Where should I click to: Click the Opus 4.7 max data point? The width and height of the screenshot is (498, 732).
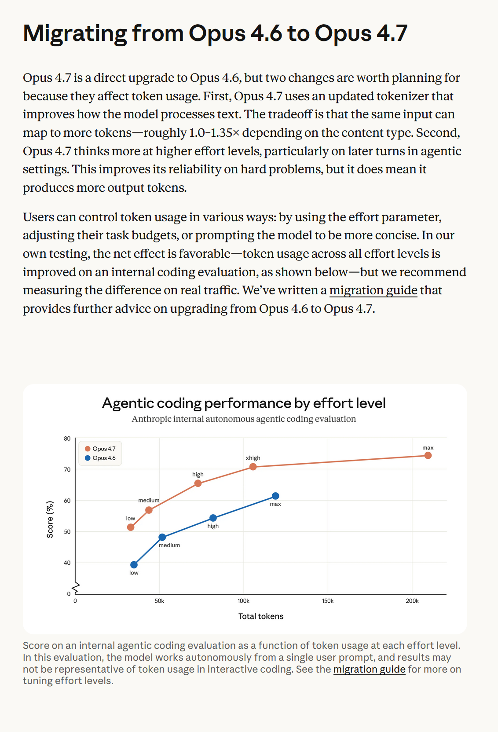click(x=428, y=455)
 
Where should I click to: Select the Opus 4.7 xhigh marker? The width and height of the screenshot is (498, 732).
click(x=253, y=467)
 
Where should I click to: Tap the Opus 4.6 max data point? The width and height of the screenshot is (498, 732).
click(x=275, y=496)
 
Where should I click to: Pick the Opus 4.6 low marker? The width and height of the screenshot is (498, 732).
click(x=134, y=565)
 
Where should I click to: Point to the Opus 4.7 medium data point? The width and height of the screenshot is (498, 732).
click(x=149, y=510)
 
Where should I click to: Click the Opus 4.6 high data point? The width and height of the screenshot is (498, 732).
click(x=213, y=518)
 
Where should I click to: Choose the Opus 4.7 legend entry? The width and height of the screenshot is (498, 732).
click(x=100, y=449)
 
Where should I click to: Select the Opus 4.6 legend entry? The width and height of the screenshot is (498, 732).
click(x=100, y=458)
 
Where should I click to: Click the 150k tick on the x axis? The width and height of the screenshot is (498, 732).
click(x=328, y=601)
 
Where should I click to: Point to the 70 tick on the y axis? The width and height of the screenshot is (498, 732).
click(x=67, y=469)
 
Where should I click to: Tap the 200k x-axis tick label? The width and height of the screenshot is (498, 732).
click(x=412, y=601)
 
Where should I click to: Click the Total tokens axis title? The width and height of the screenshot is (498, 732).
click(x=261, y=616)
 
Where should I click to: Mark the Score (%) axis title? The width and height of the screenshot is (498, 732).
click(x=50, y=520)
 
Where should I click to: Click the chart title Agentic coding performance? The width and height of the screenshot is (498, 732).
click(x=244, y=403)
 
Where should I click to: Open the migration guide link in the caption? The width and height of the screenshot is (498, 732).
click(x=369, y=669)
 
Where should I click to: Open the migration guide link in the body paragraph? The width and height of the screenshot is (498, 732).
click(x=373, y=290)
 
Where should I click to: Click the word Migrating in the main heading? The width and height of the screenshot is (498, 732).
click(x=75, y=33)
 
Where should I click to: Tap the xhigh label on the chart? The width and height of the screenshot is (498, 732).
click(x=253, y=458)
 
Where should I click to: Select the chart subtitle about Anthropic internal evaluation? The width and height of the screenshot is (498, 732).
click(x=244, y=419)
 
